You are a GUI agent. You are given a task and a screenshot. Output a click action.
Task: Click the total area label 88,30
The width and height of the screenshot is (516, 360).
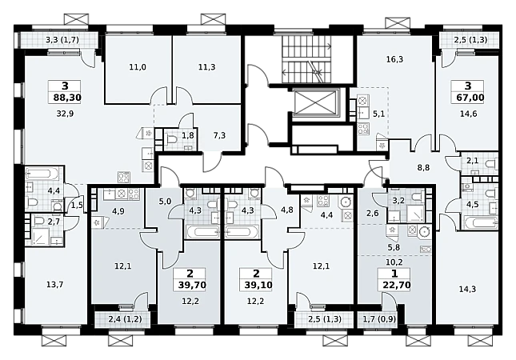click(65, 98)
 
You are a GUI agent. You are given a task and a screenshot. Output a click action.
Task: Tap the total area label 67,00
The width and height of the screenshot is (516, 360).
click(468, 98)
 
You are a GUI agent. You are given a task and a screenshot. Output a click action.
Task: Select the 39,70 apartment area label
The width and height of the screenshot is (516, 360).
click(192, 285)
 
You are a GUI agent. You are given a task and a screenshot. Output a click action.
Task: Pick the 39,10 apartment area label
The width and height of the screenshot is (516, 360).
click(258, 285)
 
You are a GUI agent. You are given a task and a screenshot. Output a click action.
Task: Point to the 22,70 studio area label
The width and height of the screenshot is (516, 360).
click(397, 285)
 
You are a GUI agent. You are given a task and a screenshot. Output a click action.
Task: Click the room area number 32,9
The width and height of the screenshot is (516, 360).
click(65, 114)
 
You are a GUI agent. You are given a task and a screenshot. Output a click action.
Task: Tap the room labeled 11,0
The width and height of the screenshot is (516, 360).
click(138, 67)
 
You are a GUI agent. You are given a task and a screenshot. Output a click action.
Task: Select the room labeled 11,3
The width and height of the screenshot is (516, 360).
click(207, 67)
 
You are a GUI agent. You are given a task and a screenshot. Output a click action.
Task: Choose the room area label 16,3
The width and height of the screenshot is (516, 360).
click(395, 59)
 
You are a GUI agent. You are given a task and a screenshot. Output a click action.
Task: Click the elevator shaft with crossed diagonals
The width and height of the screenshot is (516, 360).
click(315, 102)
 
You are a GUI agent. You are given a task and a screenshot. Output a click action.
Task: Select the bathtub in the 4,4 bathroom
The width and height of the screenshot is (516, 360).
click(42, 173)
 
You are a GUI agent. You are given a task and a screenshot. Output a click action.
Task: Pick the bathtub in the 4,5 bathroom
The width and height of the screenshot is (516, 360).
click(480, 222)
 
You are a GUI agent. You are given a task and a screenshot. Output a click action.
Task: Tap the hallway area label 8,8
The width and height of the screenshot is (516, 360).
click(423, 168)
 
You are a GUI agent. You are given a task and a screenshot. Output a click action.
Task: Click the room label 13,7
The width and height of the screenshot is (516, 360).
click(55, 285)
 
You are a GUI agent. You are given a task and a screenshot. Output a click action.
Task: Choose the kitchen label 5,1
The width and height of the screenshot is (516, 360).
click(378, 114)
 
